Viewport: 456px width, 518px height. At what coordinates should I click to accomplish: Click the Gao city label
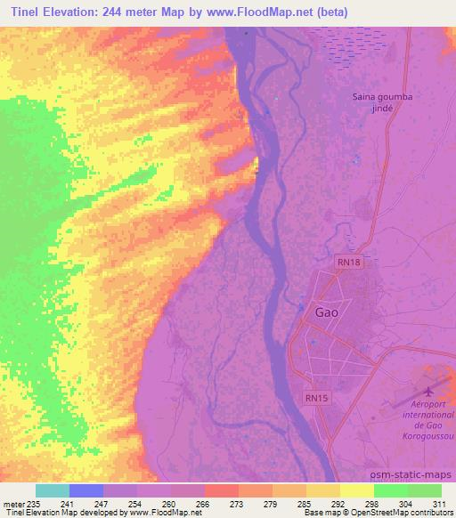click(x=327, y=312)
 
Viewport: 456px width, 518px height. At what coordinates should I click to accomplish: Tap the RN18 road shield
click(x=349, y=263)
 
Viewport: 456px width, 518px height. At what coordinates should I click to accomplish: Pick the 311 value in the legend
click(x=439, y=504)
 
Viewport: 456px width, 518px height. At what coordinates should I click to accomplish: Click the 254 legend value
click(x=135, y=504)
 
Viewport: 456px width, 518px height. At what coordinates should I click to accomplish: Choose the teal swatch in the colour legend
click(x=52, y=490)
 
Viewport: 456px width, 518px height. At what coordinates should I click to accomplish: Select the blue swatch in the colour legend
click(x=86, y=490)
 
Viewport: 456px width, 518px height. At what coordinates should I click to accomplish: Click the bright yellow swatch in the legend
click(x=356, y=490)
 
